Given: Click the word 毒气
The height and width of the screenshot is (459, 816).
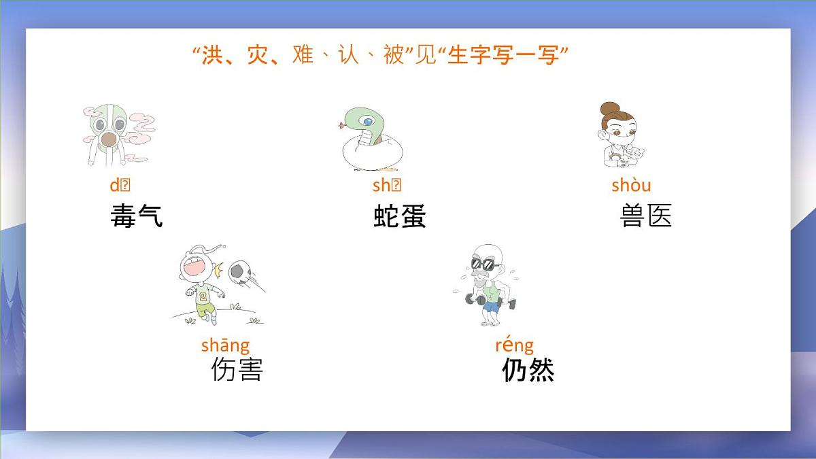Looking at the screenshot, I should tap(137, 216).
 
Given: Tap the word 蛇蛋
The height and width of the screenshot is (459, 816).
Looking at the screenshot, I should tap(400, 216).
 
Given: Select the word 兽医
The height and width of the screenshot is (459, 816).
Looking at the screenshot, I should tap(646, 216).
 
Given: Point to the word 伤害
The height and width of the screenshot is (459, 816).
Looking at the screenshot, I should tap(237, 369).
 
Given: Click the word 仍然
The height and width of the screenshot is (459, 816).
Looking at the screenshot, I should tap(528, 370).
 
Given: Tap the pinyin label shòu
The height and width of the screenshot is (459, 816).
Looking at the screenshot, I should tap(631, 185).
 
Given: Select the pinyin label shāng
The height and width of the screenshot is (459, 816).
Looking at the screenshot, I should tap(225, 345).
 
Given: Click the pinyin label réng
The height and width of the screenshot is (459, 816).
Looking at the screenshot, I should tap(514, 345).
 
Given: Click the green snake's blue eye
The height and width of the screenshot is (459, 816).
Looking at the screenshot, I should tap(368, 122).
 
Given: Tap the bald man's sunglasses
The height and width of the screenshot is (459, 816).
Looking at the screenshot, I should tap(483, 264).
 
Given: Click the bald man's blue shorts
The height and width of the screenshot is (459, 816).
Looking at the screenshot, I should tap(491, 306).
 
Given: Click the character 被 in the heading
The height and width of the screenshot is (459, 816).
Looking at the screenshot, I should tap(393, 55).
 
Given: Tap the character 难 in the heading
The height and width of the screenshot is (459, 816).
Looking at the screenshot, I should tap(302, 55).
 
